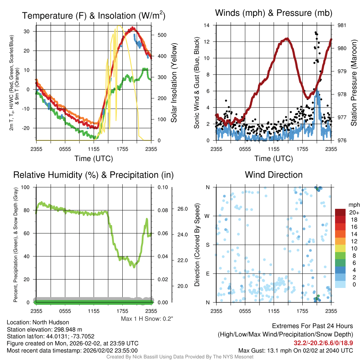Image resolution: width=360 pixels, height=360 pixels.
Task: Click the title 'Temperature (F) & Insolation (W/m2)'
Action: [x=94, y=15]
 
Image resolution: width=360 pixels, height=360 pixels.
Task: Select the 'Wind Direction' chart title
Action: [x=274, y=175]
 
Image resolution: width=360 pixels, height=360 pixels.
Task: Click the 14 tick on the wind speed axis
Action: [x=207, y=25]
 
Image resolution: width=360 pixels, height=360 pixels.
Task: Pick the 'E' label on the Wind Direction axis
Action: [x=208, y=274]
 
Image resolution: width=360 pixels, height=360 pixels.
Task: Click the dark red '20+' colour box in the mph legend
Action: [x=341, y=212]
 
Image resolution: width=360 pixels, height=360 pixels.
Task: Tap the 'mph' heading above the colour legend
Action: [x=353, y=205]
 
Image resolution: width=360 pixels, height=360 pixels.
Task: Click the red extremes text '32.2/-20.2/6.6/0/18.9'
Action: [x=323, y=342]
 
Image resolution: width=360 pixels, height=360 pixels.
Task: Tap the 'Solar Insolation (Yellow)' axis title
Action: [x=174, y=83]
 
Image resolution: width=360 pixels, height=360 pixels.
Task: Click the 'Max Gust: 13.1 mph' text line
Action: [x=295, y=351]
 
